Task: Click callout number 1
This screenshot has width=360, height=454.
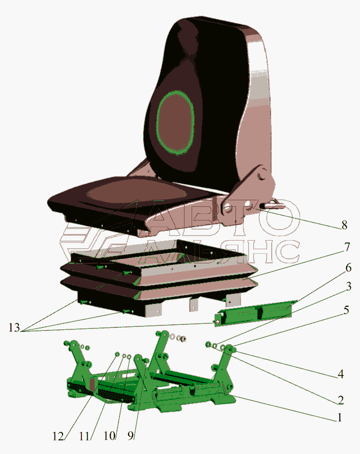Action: (339, 417)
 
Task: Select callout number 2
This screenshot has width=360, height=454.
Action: (341, 400)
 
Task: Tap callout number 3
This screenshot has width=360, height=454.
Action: (348, 287)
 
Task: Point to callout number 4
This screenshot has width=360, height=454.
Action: (341, 374)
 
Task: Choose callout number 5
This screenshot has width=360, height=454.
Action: (346, 310)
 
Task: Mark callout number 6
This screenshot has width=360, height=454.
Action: (348, 267)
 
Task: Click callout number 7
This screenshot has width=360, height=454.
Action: (347, 247)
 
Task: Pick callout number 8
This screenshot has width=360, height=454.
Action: (344, 225)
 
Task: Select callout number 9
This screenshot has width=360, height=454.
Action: (131, 435)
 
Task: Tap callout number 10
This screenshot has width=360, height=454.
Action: (109, 435)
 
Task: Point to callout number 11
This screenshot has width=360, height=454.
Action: (85, 436)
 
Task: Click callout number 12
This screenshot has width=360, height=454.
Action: (58, 436)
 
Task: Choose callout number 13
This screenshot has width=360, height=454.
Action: (14, 327)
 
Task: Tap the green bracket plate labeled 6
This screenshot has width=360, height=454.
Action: (256, 313)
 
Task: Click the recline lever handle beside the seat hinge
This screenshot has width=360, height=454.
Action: (273, 204)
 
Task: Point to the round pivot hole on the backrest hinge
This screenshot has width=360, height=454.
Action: (262, 176)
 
